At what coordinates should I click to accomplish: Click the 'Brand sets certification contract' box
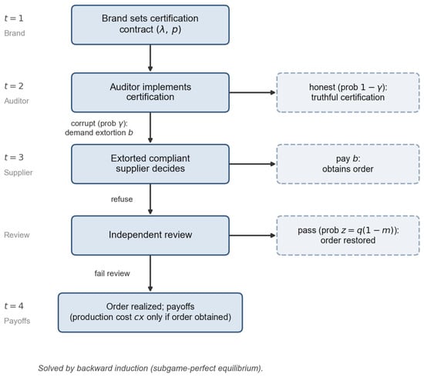coord(150,25)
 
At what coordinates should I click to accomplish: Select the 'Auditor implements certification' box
coord(150,92)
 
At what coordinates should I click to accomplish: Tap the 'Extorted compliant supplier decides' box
coord(150,164)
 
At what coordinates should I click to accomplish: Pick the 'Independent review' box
coord(150,235)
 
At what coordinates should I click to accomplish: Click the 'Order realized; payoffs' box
coord(150,312)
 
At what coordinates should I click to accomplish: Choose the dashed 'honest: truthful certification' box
coord(348,92)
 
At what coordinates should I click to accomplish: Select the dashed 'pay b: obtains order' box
coord(348,164)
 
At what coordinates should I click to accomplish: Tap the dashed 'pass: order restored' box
coord(348,235)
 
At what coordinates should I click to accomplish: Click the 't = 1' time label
coord(14,18)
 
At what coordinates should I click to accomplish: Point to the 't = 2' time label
coord(14,86)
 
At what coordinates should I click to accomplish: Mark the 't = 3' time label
coord(14,157)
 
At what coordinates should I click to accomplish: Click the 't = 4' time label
coord(14,306)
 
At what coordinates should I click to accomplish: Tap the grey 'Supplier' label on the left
coord(19,172)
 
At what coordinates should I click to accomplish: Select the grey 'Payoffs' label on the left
coord(17,321)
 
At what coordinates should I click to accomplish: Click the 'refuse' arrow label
coord(122,199)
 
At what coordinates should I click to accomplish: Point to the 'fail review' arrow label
coord(112,273)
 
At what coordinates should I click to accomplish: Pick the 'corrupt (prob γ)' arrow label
coord(99,123)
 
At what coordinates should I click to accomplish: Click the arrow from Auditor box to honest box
coord(252,92)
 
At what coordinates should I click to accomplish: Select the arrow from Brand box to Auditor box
coord(150,58)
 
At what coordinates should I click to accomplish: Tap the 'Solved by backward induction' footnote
coord(150,369)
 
